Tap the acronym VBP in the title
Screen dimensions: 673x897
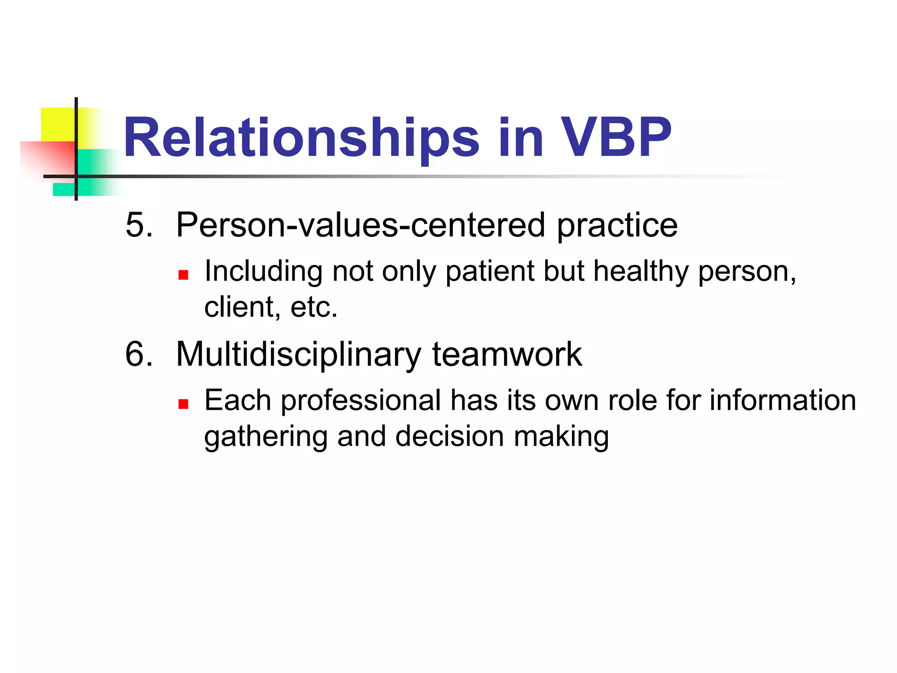615,138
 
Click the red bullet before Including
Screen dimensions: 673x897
183,275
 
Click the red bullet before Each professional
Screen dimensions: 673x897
183,404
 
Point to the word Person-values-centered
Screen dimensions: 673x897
360,225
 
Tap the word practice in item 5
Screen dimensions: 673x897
617,225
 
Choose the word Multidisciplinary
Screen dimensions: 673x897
298,354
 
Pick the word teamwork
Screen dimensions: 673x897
507,354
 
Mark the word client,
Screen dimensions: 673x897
242,307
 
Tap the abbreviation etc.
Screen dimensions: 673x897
314,307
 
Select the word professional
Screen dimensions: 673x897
360,400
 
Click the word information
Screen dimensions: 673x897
782,400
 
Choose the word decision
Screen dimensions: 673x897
449,437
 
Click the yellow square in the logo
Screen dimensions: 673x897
57,124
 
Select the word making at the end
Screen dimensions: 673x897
561,437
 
